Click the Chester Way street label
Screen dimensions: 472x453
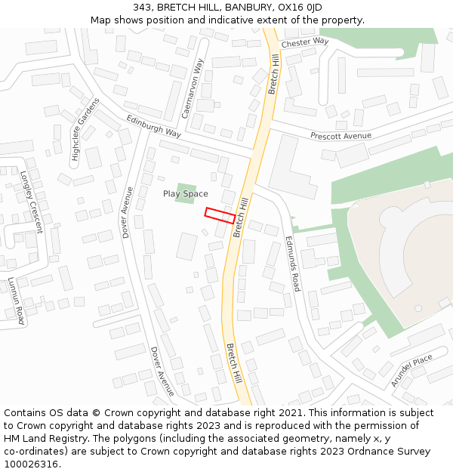click(305, 43)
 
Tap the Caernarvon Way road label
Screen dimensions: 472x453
click(193, 88)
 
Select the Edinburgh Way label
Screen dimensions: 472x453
click(153, 125)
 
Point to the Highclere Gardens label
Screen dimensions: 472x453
click(85, 131)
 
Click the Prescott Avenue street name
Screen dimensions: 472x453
click(341, 136)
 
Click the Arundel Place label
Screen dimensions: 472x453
click(411, 370)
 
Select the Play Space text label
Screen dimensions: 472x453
click(185, 194)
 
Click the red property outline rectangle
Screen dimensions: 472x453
click(220, 214)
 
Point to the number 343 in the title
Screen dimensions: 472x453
click(142, 8)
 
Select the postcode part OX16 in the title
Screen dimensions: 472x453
click(292, 8)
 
